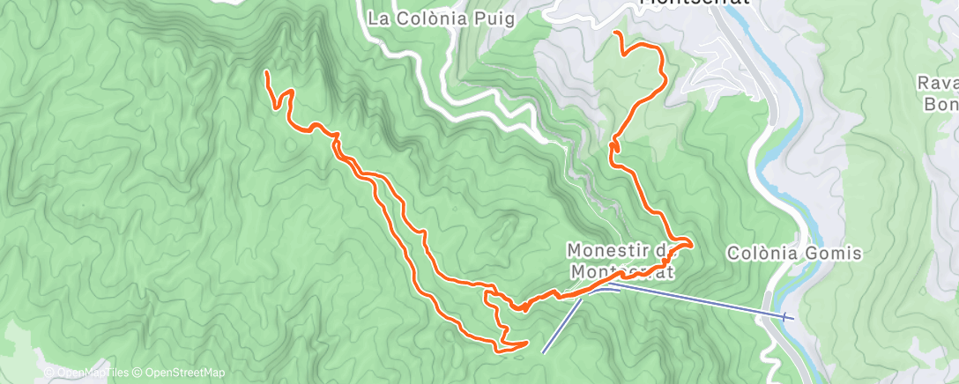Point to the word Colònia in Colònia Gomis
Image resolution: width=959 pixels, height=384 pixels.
coord(759,254)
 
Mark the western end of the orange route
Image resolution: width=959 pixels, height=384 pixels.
coord(266,74)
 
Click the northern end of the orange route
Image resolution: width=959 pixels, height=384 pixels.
coord(615,33)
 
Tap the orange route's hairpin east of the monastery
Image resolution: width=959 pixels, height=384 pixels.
coord(690,241)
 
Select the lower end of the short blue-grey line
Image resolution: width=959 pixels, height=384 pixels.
coord(543,352)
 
